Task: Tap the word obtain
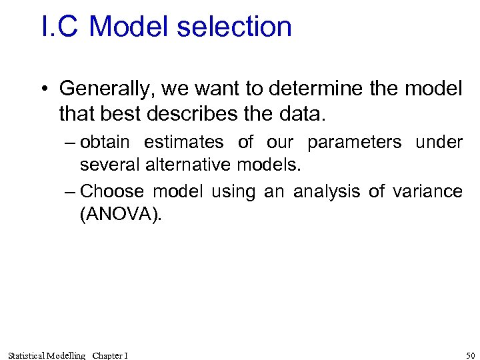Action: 105,142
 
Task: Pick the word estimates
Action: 183,142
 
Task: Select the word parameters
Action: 354,143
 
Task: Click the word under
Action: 439,142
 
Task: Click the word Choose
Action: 111,192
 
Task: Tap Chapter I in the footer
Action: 110,355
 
